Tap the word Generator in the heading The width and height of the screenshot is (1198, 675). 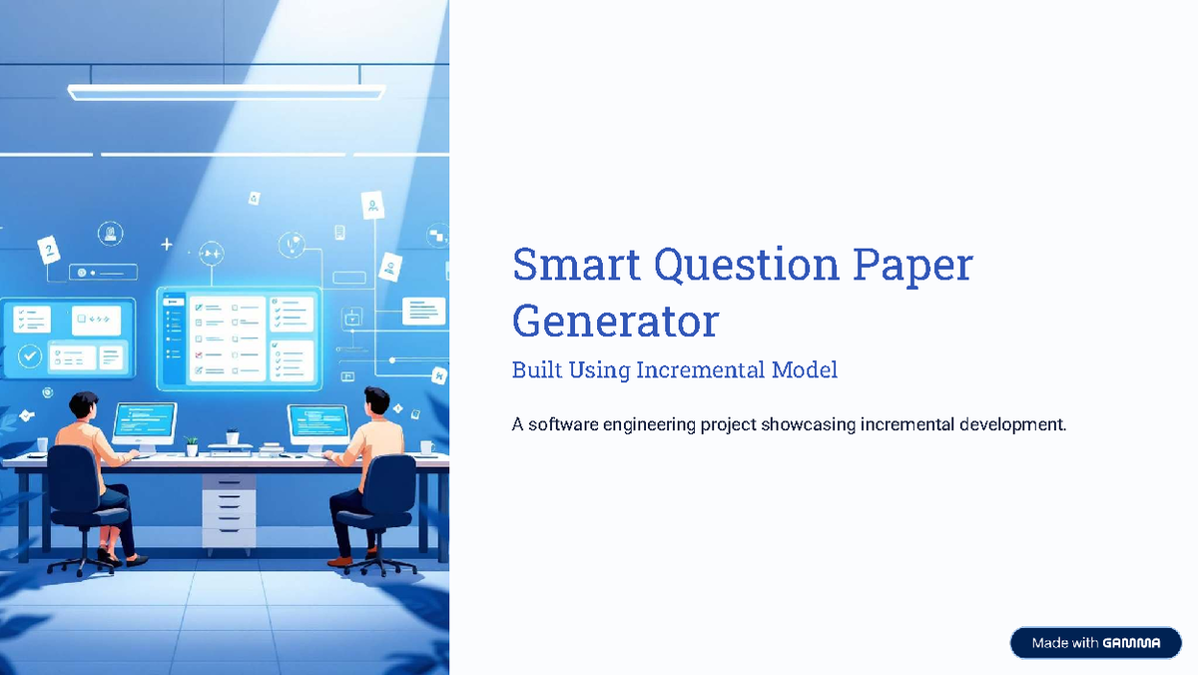point(615,322)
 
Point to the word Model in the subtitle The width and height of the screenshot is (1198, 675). point(804,370)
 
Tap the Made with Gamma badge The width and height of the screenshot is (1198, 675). point(1095,643)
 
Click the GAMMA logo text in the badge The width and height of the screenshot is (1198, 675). point(1131,643)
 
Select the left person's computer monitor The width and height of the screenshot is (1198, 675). point(145,422)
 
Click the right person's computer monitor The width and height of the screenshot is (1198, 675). point(318,424)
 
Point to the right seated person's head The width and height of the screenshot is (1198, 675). point(376,401)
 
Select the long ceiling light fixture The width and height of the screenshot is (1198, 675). point(226,92)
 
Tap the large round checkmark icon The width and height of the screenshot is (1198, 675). point(30,355)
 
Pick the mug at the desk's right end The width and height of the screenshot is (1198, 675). point(426,447)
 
